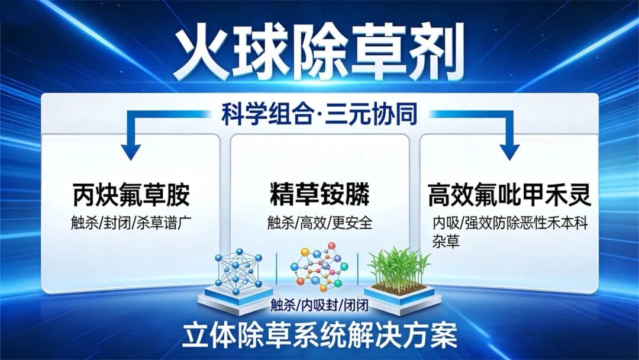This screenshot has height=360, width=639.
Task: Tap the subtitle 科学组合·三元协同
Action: point(319,114)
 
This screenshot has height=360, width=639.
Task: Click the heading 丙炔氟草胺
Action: point(131,195)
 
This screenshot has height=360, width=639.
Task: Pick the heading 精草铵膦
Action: point(319,195)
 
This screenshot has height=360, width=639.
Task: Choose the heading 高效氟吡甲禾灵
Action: point(509,195)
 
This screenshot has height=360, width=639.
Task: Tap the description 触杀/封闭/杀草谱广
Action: point(131,223)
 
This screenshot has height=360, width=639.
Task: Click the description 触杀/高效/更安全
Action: point(319,223)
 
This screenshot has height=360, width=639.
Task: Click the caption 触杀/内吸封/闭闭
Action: point(319,305)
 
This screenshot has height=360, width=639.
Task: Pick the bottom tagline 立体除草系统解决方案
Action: point(319,335)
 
